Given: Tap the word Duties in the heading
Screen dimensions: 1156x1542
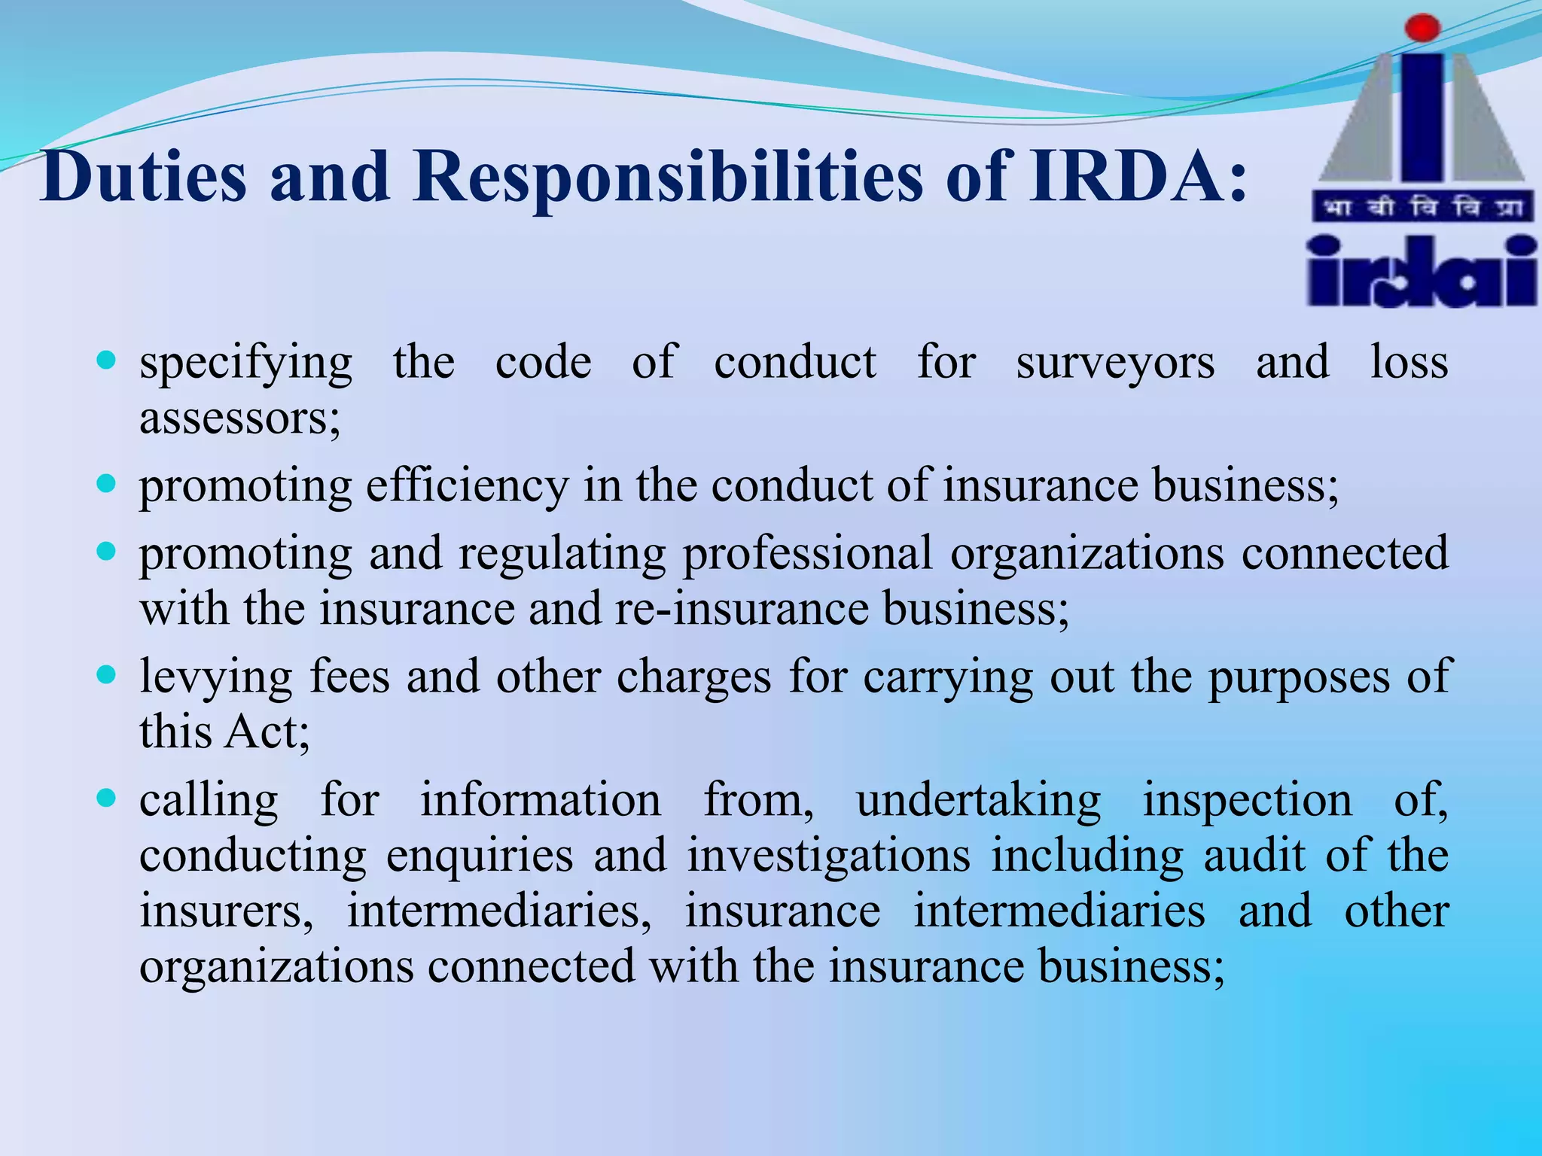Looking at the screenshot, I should [x=143, y=178].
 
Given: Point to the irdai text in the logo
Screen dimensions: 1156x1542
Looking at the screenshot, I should [x=1421, y=272].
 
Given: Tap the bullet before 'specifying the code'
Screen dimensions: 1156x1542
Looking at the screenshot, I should [x=107, y=360].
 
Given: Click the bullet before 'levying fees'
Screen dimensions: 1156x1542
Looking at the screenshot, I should [x=107, y=674].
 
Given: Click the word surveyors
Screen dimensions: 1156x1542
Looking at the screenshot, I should [x=1115, y=363].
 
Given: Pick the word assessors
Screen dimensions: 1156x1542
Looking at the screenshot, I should [x=239, y=418].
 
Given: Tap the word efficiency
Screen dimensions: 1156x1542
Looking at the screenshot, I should [x=467, y=485].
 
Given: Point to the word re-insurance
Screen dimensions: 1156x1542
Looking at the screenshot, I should [x=742, y=608].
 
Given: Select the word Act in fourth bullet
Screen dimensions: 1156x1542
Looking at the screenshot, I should [x=267, y=732].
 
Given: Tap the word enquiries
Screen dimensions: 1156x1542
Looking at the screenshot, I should [x=480, y=856].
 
